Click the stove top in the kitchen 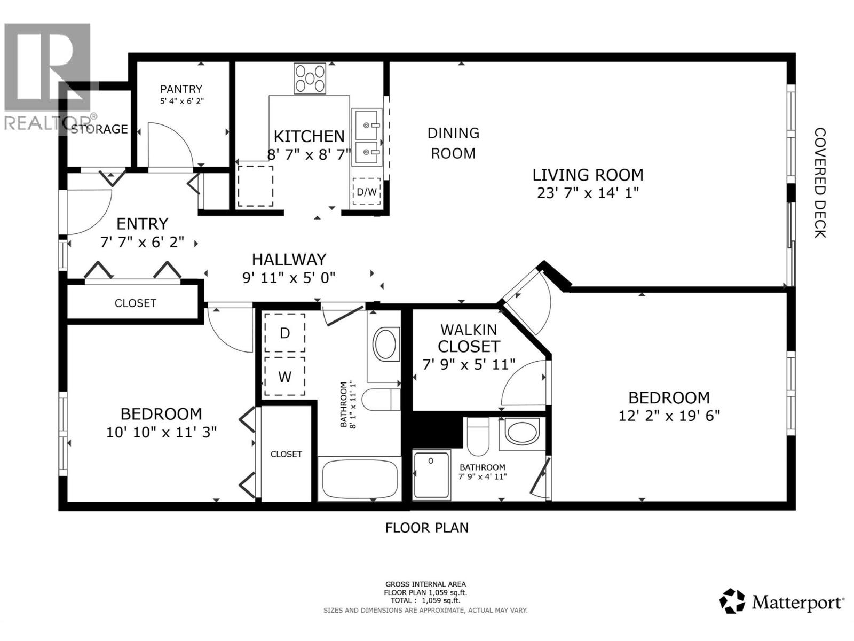pos(310,79)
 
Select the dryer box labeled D pos(285,333)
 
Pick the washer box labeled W pos(285,377)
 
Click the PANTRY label pos(181,89)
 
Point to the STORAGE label pos(100,129)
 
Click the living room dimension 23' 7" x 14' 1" pos(588,193)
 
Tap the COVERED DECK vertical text pos(820,183)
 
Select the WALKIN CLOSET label pos(469,338)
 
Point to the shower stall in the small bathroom pos(431,475)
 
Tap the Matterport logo pos(782,602)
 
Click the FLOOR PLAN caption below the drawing pos(426,528)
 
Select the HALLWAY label pos(289,260)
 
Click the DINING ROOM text pos(453,143)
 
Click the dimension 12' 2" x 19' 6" pos(669,416)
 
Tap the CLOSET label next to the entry pos(135,303)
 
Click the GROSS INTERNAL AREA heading pos(425,584)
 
